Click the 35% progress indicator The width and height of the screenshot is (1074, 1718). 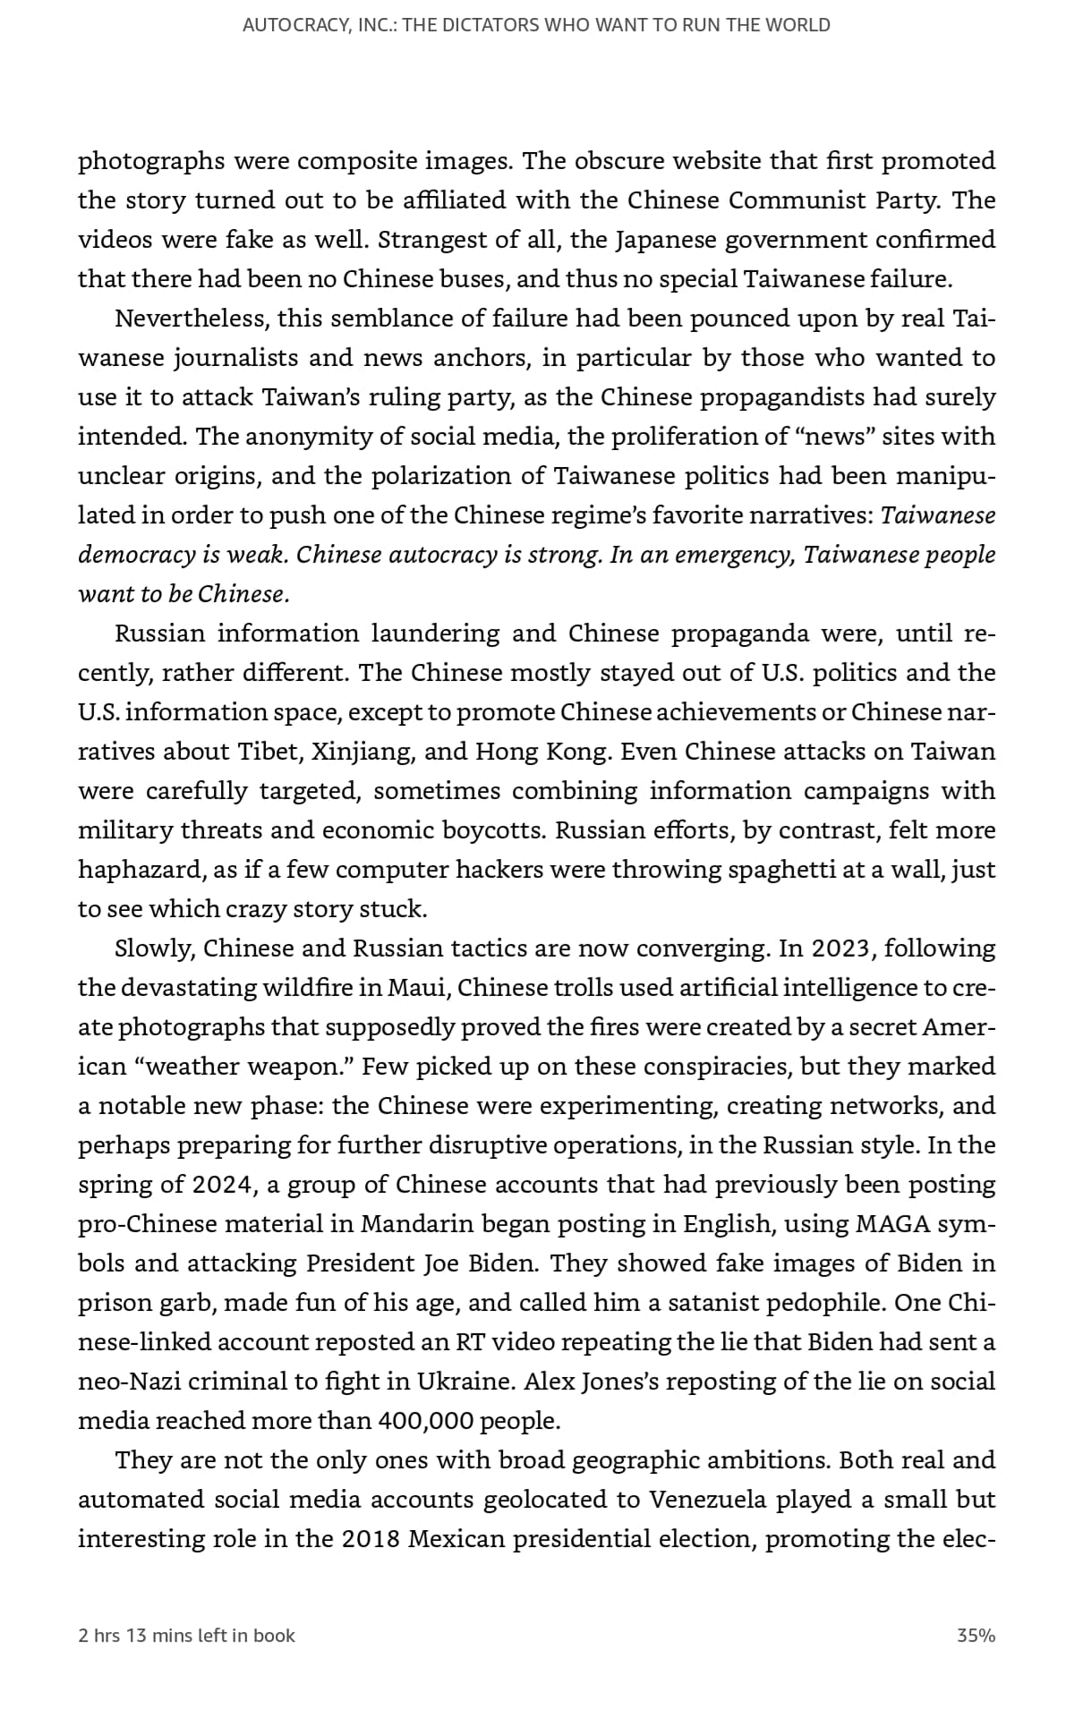tap(976, 1636)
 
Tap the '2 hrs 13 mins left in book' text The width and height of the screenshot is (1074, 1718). tap(186, 1636)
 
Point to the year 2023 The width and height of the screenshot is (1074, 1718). tap(840, 948)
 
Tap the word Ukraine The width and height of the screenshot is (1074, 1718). tap(466, 1382)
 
